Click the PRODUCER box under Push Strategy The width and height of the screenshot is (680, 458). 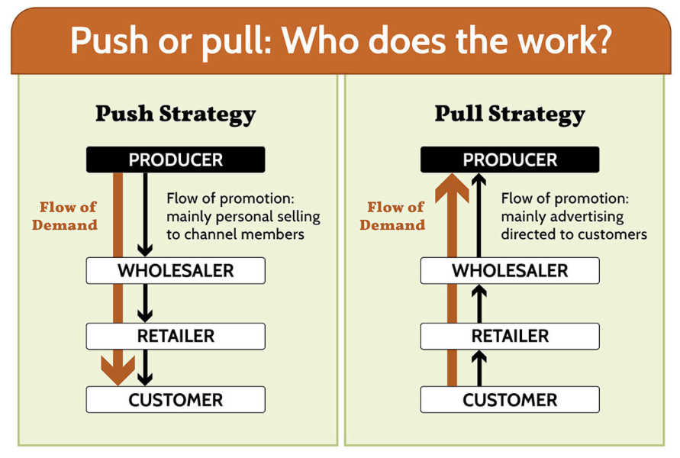tap(176, 160)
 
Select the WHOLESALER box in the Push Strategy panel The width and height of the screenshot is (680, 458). tap(176, 270)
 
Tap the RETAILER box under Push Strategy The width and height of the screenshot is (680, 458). tap(176, 336)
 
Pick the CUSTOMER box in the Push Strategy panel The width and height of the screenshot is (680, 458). tap(176, 400)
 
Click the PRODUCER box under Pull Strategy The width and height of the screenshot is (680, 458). tap(510, 160)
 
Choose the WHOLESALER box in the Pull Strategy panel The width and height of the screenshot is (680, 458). tap(510, 270)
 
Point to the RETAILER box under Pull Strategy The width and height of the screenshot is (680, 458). tap(510, 336)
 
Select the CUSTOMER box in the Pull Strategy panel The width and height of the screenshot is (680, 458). tap(510, 400)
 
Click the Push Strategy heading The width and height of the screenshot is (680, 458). tap(176, 114)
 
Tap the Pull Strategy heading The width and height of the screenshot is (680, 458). tap(510, 114)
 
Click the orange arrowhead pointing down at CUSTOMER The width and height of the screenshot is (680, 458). tap(118, 372)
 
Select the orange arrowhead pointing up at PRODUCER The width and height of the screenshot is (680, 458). tap(452, 187)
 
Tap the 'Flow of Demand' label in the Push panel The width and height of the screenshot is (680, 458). tap(69, 216)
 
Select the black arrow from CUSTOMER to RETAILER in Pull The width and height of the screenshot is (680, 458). tap(479, 368)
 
